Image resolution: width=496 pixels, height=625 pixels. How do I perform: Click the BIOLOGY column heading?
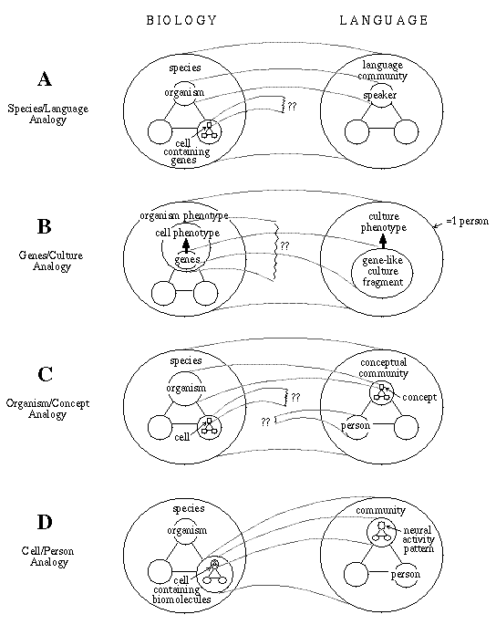click(x=181, y=20)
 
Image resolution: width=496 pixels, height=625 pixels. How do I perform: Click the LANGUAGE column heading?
click(x=384, y=20)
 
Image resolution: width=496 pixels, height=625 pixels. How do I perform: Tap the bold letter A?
click(x=45, y=78)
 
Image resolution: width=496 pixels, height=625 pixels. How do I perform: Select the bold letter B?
click(x=45, y=226)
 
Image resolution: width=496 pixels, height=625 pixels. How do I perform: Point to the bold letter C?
click(x=45, y=374)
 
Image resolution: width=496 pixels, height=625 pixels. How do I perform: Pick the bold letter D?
click(x=45, y=522)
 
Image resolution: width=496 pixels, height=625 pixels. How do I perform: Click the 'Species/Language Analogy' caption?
click(x=47, y=114)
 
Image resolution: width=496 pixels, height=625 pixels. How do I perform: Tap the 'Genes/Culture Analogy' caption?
click(x=51, y=261)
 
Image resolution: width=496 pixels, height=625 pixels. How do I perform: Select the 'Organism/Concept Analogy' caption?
click(x=47, y=409)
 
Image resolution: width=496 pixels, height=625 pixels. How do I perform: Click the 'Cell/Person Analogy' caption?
click(x=48, y=557)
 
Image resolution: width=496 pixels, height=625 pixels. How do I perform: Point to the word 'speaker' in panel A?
click(x=380, y=95)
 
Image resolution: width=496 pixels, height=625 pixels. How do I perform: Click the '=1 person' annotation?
click(x=467, y=221)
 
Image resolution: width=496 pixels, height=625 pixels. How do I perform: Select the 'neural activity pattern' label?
click(x=418, y=539)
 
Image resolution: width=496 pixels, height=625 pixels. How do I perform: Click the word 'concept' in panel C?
click(x=419, y=397)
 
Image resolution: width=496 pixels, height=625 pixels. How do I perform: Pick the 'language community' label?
click(x=382, y=70)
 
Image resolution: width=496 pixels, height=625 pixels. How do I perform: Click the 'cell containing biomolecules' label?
click(x=181, y=589)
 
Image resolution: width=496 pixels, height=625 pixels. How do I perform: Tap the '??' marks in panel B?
click(x=284, y=245)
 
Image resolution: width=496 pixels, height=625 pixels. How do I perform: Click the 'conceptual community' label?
click(x=383, y=368)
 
